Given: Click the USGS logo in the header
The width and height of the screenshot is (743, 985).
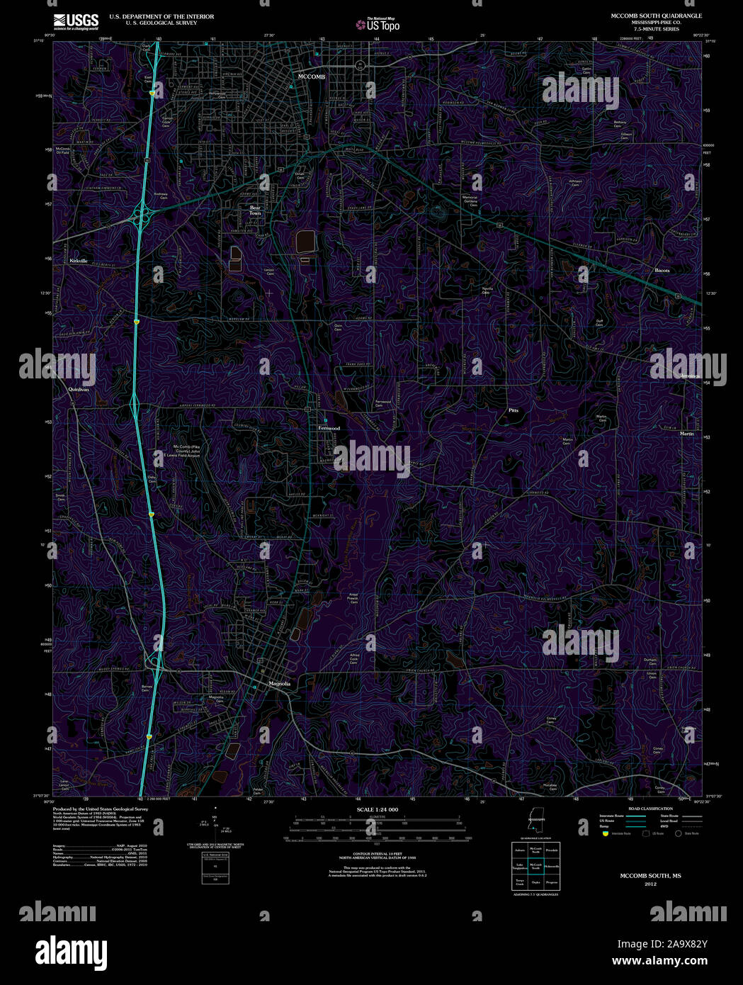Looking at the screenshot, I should point(76,20).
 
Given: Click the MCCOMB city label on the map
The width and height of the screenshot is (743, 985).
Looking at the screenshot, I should point(312,77).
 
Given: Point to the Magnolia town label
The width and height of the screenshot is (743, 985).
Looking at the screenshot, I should point(280,684).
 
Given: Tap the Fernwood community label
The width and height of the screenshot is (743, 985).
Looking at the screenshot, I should point(329,429).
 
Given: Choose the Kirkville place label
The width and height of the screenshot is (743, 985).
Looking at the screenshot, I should point(79,261).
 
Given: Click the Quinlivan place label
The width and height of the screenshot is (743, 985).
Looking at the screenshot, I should point(79,390).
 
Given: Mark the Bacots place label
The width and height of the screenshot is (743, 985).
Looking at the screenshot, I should point(662,271).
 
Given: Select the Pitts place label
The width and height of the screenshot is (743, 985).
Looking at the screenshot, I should point(514,410).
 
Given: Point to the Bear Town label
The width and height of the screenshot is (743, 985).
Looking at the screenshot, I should point(255,210).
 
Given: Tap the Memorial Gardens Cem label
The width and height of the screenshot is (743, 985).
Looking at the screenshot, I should point(470,201).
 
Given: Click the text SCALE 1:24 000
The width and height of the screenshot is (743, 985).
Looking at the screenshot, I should point(377,809).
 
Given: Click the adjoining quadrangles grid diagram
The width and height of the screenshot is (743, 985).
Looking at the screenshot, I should point(536,866).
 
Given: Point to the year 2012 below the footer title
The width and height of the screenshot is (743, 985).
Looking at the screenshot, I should point(650,884).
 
